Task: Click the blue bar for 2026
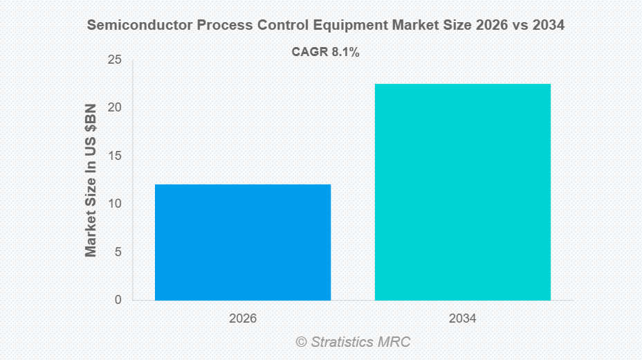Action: pos(243,242)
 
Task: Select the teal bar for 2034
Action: pos(462,192)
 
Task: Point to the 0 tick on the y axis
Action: pos(118,300)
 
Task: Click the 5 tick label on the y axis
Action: pos(118,252)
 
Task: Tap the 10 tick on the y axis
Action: pos(115,204)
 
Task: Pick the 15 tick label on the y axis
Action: pos(115,156)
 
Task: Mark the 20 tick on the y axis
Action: pos(115,108)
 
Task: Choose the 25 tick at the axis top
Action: pos(115,60)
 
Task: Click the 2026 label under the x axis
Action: pos(243,319)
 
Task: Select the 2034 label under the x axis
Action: pos(462,319)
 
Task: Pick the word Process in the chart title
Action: pos(223,26)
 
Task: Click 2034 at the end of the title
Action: pos(548,26)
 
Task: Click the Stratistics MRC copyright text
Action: pos(360,342)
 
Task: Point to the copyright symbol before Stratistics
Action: pos(301,342)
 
